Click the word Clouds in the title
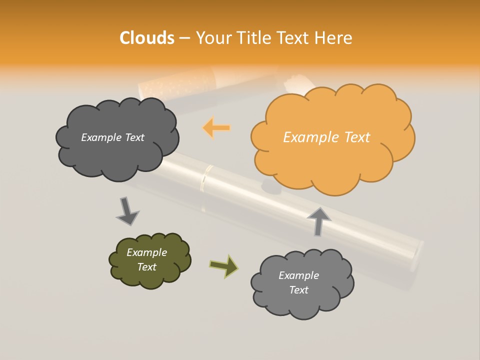click(147, 38)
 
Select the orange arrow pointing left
click(216, 128)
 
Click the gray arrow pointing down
click(127, 210)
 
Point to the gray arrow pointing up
click(318, 221)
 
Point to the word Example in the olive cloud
click(146, 252)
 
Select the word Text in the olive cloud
click(146, 267)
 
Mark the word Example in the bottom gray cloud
click(298, 275)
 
